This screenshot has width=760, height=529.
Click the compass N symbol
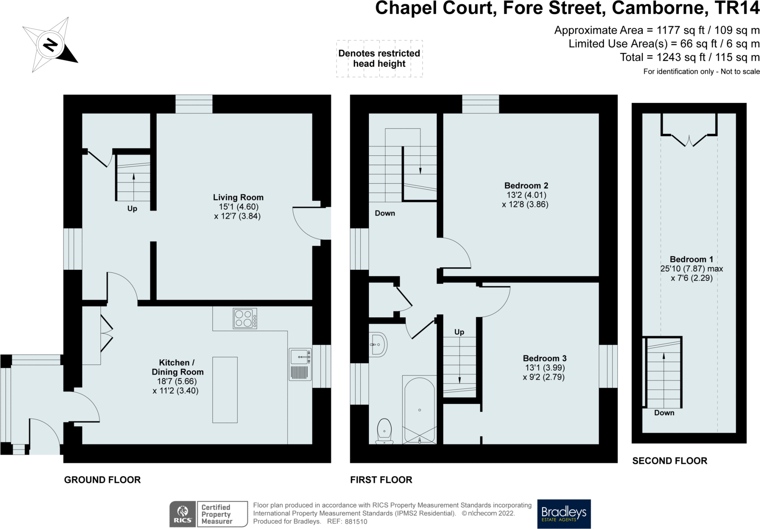click(x=50, y=45)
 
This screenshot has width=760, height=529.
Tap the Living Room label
click(x=238, y=198)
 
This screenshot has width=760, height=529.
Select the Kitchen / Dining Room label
click(x=177, y=367)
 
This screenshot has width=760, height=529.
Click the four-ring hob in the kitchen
click(x=245, y=318)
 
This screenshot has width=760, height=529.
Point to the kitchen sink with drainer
click(x=300, y=364)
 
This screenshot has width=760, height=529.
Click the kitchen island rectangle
click(x=225, y=390)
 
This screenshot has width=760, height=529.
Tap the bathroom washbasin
click(x=378, y=344)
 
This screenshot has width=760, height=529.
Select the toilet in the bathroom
click(x=384, y=431)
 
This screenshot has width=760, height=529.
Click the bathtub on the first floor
click(x=419, y=410)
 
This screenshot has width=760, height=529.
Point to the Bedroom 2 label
click(x=526, y=186)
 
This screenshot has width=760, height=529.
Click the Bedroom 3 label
click(x=544, y=358)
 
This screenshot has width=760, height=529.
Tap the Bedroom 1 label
click(x=691, y=259)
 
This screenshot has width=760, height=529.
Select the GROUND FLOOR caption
click(x=102, y=480)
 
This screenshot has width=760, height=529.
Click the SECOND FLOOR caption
click(x=670, y=461)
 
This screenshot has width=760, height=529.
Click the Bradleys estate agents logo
click(x=564, y=514)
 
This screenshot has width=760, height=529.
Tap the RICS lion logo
click(x=183, y=514)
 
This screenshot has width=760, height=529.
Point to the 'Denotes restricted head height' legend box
click(x=379, y=59)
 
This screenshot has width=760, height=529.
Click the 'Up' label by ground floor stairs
click(x=132, y=209)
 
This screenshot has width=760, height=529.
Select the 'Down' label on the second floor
click(x=664, y=413)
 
